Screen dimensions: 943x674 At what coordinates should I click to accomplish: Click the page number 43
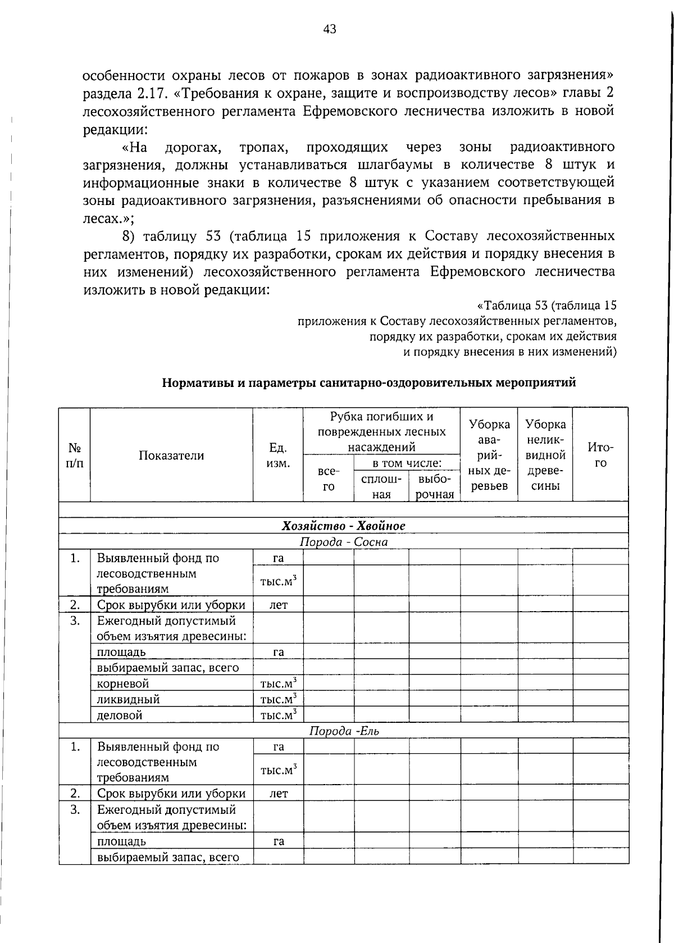[330, 29]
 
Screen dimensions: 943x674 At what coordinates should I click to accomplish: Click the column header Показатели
[171, 455]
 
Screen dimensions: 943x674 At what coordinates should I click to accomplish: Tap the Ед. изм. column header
[278, 455]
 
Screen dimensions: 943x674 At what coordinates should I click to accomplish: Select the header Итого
[600, 455]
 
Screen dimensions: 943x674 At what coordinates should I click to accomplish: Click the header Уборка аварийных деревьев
[489, 455]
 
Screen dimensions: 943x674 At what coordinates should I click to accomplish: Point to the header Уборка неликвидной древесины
[545, 455]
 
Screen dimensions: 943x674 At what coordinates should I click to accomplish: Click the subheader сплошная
[381, 486]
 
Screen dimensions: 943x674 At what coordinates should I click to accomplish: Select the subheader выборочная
[435, 486]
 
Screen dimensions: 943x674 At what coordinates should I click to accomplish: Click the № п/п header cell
[75, 455]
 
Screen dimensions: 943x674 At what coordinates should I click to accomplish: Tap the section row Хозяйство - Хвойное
[343, 526]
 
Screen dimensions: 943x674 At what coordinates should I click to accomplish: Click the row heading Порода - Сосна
[343, 542]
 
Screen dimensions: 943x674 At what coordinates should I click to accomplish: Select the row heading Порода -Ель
[344, 731]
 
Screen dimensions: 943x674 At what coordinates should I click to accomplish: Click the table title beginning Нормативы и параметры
[369, 383]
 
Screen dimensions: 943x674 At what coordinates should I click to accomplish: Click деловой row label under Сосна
[120, 715]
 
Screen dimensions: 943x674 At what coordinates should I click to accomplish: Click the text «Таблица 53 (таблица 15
[547, 306]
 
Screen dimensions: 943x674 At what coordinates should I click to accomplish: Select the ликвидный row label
[128, 699]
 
